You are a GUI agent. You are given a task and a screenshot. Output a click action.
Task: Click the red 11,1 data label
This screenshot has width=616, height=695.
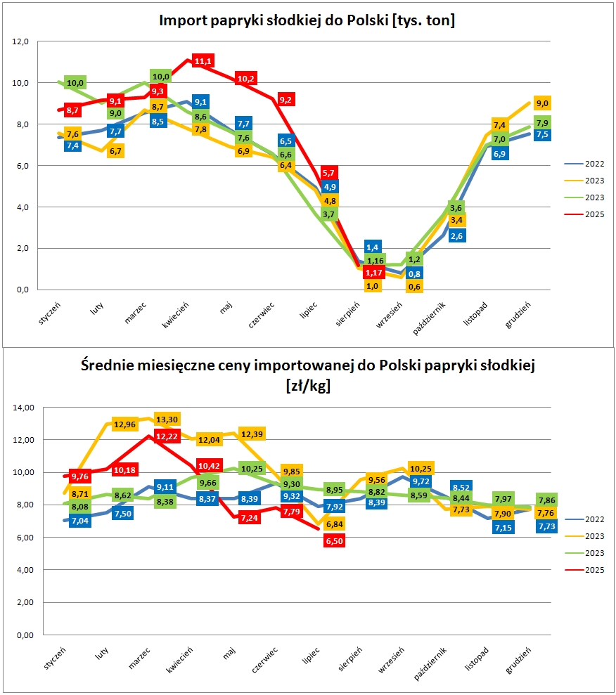click(203, 62)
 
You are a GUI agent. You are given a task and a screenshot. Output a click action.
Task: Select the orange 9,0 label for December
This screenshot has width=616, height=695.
click(542, 103)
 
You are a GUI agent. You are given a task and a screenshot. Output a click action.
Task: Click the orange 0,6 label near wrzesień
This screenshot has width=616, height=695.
click(415, 286)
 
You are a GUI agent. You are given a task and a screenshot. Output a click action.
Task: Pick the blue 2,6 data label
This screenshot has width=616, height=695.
click(456, 235)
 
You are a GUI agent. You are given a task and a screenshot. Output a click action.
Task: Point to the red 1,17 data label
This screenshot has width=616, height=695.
click(373, 273)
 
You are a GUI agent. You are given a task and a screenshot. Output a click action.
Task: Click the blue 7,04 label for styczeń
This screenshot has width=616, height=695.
click(81, 521)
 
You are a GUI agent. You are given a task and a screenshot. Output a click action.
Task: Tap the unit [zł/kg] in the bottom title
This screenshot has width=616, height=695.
click(308, 386)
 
